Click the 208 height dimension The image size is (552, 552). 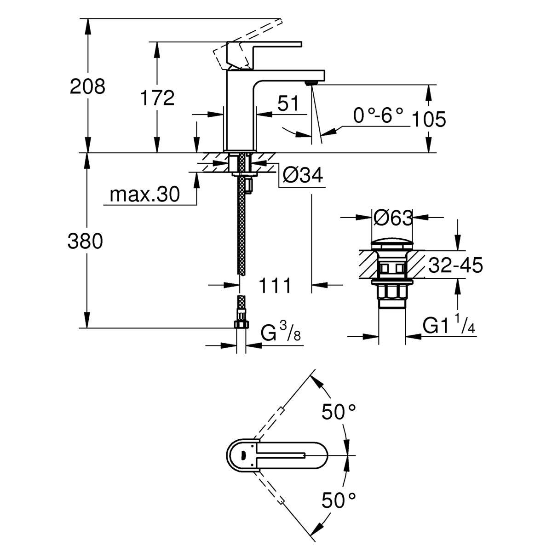[x=87, y=86]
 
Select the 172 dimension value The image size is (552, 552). [x=157, y=98]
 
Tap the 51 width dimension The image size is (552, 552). [x=287, y=103]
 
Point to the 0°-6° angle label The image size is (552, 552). [x=378, y=115]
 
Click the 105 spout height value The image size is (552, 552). [x=429, y=119]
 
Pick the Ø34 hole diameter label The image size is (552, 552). [x=303, y=174]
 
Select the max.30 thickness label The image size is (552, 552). [x=144, y=194]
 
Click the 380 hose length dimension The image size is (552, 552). [x=85, y=241]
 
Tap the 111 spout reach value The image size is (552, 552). [x=275, y=285]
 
